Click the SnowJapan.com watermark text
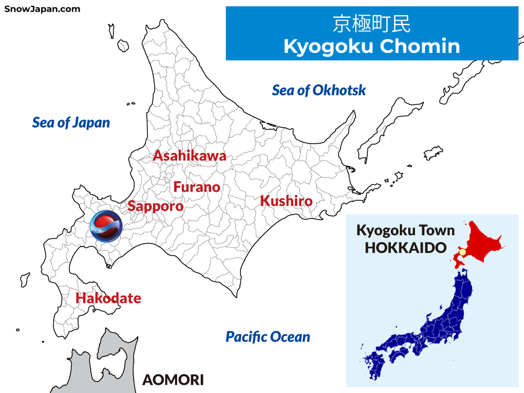[x=42, y=9]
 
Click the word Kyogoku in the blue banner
[x=327, y=46]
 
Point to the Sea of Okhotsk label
[x=319, y=90]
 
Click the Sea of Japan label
[x=71, y=123]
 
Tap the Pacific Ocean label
[x=268, y=337]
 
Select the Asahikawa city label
[x=189, y=156]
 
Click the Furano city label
[x=196, y=187]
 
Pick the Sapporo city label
[x=156, y=206]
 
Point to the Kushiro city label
[x=286, y=201]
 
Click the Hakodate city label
[x=108, y=298]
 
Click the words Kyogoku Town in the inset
[x=406, y=230]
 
